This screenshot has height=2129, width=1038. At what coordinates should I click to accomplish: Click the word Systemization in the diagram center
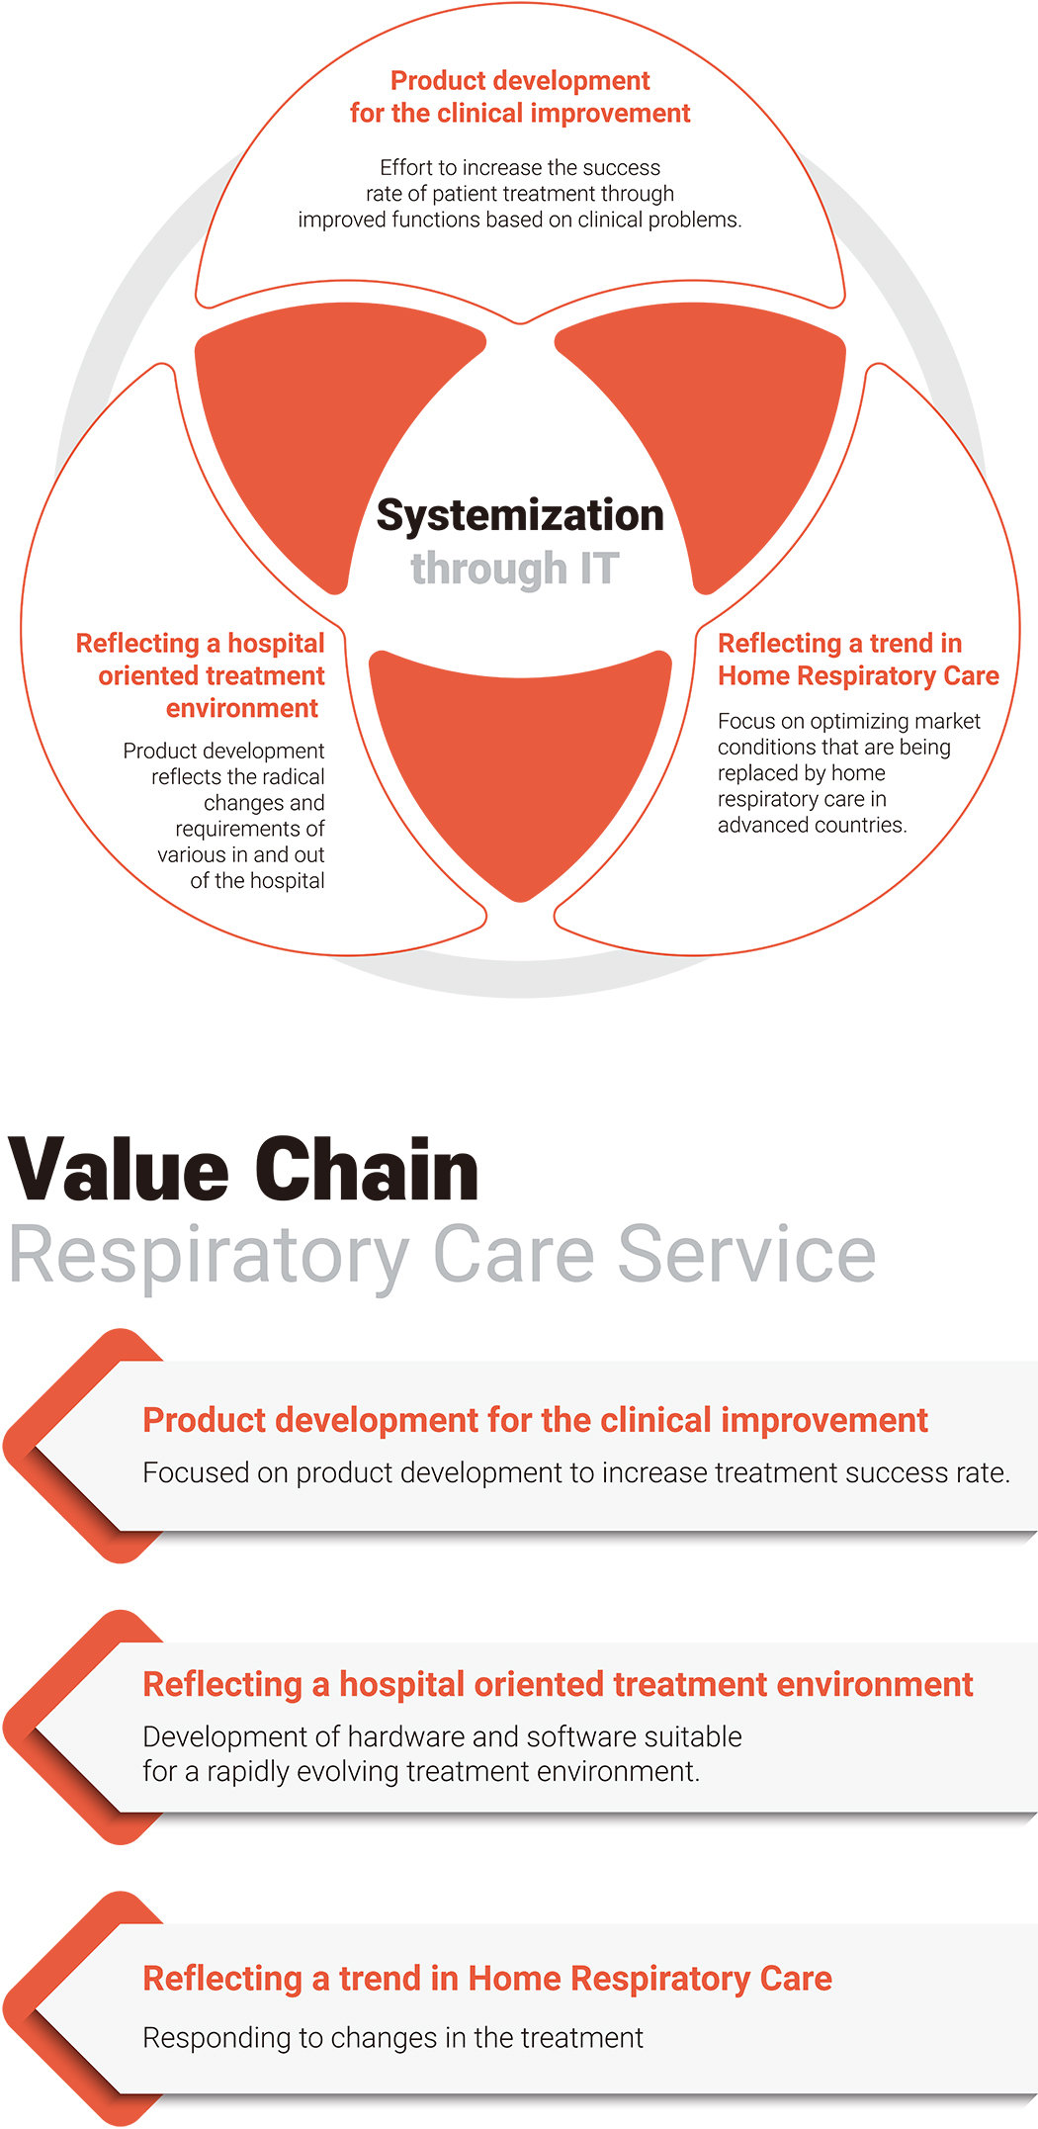pyautogui.click(x=520, y=516)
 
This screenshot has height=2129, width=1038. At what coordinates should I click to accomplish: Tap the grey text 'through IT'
pyautogui.click(x=515, y=569)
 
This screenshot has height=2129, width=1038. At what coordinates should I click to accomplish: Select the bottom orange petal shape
pyautogui.click(x=520, y=761)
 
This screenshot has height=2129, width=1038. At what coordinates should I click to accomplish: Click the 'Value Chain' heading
pyautogui.click(x=244, y=1170)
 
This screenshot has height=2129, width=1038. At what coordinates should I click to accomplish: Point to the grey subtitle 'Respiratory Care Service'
pyautogui.click(x=443, y=1256)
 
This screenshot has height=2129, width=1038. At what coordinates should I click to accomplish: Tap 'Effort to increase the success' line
pyautogui.click(x=520, y=167)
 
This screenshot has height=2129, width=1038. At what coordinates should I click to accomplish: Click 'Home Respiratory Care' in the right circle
pyautogui.click(x=858, y=675)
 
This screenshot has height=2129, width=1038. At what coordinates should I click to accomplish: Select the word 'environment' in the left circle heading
pyautogui.click(x=242, y=708)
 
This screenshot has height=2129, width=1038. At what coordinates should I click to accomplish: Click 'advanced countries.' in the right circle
pyautogui.click(x=812, y=825)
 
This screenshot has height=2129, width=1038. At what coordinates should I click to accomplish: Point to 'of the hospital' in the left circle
pyautogui.click(x=257, y=880)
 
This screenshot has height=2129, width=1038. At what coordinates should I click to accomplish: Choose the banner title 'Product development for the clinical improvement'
pyautogui.click(x=535, y=1420)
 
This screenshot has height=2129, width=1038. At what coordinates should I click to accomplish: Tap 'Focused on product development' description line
pyautogui.click(x=576, y=1472)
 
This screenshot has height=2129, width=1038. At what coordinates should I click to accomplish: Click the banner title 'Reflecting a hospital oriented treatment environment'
pyautogui.click(x=558, y=1684)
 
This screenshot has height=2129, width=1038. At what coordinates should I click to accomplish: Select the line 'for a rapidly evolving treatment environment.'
pyautogui.click(x=421, y=1771)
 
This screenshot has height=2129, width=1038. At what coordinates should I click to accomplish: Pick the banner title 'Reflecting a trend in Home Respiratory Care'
pyautogui.click(x=487, y=1979)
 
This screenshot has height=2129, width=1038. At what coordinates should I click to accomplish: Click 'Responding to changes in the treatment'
pyautogui.click(x=392, y=2038)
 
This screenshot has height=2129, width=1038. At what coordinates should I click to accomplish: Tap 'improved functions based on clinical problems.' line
pyautogui.click(x=520, y=220)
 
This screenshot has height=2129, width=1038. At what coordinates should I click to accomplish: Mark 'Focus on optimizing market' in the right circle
pyautogui.click(x=849, y=721)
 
